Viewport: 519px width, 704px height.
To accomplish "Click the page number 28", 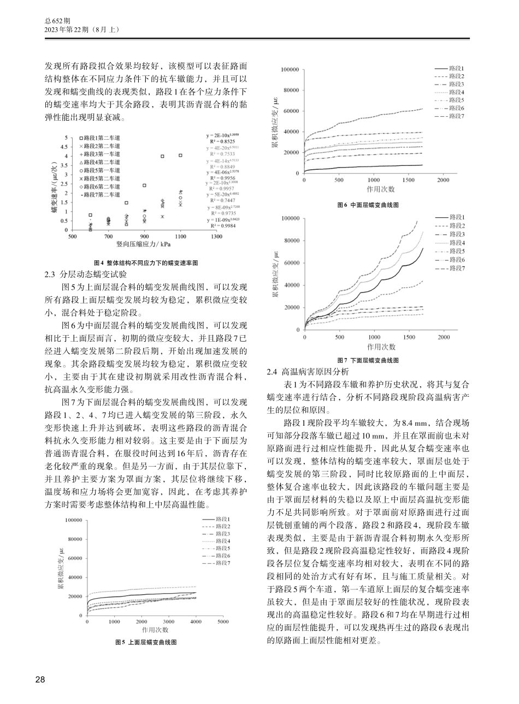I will (40, 679).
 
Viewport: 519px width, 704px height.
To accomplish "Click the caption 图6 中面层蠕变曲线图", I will (368, 205).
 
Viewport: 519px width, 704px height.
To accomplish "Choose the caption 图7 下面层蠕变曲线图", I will (368, 360).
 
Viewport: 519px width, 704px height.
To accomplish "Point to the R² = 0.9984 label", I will (220, 226).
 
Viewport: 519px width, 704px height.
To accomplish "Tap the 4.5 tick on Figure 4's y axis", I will (65, 147).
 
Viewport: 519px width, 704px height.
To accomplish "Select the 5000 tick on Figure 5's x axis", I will (223, 622).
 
